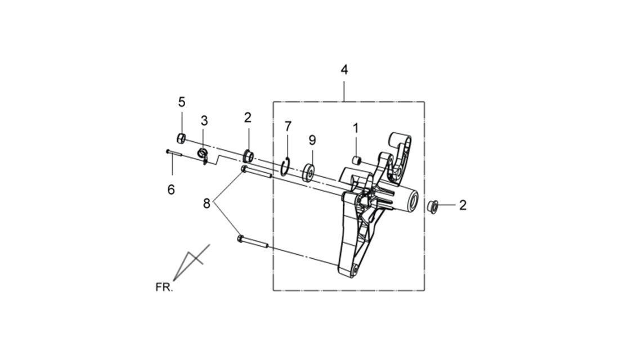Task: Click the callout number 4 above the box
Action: tap(344, 70)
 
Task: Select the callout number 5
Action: tap(182, 102)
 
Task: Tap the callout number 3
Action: tap(204, 121)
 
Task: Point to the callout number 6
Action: tap(171, 190)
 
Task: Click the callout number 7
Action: tap(288, 127)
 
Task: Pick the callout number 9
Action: tap(312, 140)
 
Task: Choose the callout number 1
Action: tap(356, 128)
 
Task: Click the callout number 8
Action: tap(207, 204)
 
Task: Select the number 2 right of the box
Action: tap(463, 205)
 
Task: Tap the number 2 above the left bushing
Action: tap(248, 118)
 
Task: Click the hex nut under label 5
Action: tap(181, 138)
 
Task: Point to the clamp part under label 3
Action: tap(203, 156)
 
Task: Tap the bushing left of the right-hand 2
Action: tap(433, 207)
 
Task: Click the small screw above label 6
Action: tap(173, 153)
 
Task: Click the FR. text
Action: tap(164, 287)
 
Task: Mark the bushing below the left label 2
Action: tap(248, 156)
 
